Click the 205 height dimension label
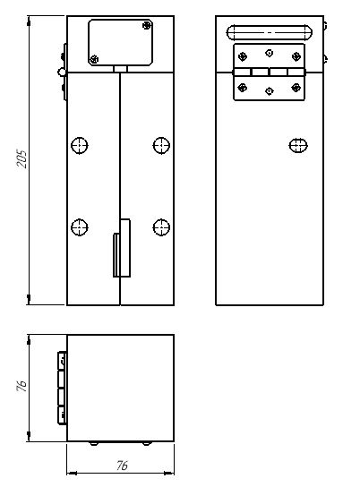22,159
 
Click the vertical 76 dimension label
22,385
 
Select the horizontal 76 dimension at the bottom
122,466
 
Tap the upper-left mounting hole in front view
80,145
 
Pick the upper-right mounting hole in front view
161,145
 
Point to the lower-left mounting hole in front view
80,227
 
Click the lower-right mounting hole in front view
161,227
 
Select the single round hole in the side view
298,145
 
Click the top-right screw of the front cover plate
147,25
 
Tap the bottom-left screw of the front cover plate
94,59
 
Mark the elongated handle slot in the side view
270,32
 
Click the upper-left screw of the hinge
243,56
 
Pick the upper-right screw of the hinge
296,56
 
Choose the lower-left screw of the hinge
243,88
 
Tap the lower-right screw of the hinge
296,88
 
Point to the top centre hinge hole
270,53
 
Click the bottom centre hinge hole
270,91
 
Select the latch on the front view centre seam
122,248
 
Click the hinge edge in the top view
62,389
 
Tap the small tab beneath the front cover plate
120,69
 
